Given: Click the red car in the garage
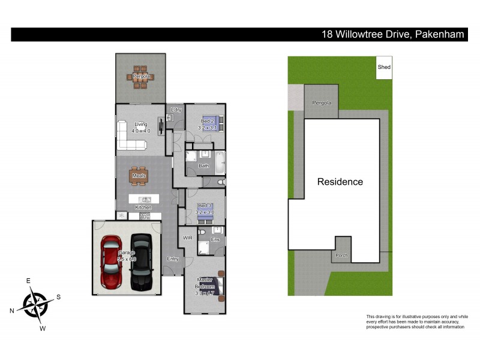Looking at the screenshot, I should pos(111,261).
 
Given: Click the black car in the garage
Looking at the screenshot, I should pos(142,261).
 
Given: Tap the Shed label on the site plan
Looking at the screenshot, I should pos(384,67).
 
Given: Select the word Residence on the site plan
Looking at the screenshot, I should pos(340,182).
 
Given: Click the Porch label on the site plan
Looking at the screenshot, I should pos(341,256).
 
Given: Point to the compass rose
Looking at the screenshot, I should pos(37,303).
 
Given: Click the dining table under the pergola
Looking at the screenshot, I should pos(142,77).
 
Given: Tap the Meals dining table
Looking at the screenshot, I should pos(139,175).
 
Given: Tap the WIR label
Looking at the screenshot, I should pos(187,238).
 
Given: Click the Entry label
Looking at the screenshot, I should pos(173,259).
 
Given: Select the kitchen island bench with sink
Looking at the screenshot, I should pos(144,199).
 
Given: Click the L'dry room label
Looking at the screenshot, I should pos(176,110).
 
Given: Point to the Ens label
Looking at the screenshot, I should pos(215,239).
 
